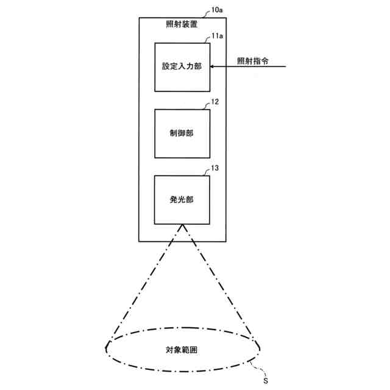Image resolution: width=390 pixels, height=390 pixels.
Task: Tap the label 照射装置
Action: [182, 26]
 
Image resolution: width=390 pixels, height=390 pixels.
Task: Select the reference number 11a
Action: [218, 37]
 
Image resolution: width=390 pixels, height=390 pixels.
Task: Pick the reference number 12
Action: [214, 102]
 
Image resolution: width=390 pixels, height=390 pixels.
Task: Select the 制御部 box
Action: [182, 133]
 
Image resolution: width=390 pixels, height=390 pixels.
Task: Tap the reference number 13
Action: [214, 168]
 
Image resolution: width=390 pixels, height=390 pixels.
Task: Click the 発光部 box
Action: [182, 200]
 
